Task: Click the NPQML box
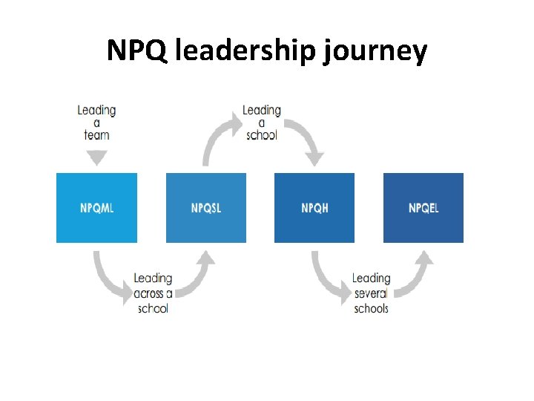coord(96,208)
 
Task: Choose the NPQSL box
coord(205,208)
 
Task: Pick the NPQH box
coord(314,208)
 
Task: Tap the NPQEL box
coord(423,208)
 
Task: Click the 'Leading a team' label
coord(96,123)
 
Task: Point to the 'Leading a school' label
coord(261,123)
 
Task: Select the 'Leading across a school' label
coord(153,293)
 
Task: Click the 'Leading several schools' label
coord(371,293)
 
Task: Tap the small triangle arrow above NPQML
coord(96,157)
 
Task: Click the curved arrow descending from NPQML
coord(108,278)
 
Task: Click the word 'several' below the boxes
coord(371,293)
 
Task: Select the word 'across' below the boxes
coord(147,293)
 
